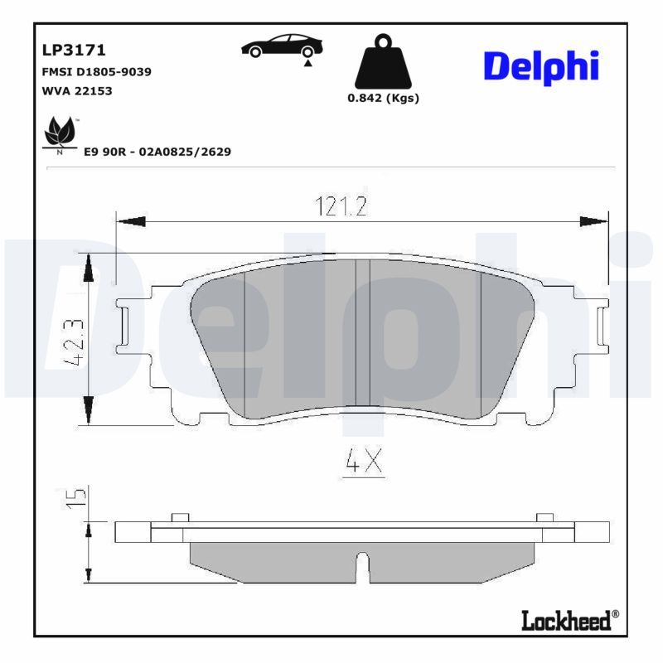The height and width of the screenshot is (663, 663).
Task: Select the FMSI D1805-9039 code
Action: click(96, 71)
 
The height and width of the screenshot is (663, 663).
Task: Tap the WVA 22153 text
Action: click(76, 90)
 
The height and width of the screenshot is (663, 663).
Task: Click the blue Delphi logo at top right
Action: click(540, 66)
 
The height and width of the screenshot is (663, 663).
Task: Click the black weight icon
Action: click(383, 62)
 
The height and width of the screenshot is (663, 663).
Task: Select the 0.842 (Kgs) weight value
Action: click(383, 98)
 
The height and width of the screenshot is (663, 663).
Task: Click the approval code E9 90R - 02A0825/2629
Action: click(157, 152)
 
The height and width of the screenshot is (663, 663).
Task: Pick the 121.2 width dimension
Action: click(341, 206)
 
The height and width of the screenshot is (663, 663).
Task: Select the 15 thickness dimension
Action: click(76, 497)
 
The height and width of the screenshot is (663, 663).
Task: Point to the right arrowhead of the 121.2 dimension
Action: click(593, 221)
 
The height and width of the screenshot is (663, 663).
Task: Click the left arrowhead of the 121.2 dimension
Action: click(129, 221)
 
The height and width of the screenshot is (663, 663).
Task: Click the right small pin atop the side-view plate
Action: click(544, 518)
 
